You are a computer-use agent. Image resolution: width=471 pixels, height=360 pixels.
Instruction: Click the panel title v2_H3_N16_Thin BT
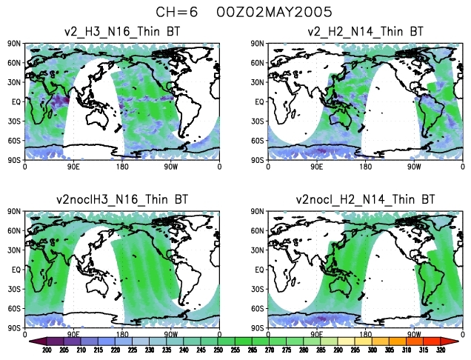pyautogui.click(x=122, y=31)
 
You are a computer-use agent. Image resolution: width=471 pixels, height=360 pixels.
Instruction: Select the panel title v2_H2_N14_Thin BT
pyautogui.click(x=366, y=31)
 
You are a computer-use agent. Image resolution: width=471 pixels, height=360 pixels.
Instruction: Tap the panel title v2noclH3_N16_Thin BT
pyautogui.click(x=122, y=199)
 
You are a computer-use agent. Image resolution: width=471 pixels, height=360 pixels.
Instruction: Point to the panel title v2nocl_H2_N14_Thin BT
pyautogui.click(x=365, y=199)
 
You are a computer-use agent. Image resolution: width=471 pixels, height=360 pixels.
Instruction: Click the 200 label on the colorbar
pyautogui.click(x=47, y=350)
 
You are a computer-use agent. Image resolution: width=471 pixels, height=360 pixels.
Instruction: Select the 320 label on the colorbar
pyautogui.click(x=441, y=350)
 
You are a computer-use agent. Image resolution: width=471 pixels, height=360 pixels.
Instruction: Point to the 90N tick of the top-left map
pyautogui.click(x=14, y=44)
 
